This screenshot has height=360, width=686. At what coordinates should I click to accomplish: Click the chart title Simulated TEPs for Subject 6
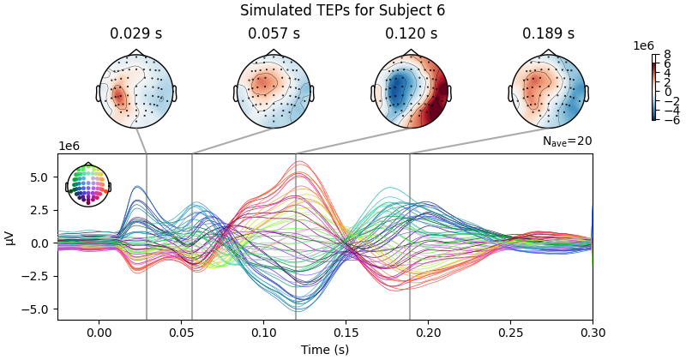(x=342, y=10)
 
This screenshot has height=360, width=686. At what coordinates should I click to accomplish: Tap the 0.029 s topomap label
(x=136, y=33)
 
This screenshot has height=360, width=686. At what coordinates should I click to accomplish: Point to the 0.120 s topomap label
(x=411, y=33)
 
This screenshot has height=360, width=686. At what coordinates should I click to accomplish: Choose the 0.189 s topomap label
(x=548, y=33)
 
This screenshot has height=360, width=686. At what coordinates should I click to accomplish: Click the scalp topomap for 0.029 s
(x=136, y=90)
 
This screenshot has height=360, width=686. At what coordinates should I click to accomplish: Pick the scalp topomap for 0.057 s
(x=274, y=90)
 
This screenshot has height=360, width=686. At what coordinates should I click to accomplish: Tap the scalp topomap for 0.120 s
(x=411, y=90)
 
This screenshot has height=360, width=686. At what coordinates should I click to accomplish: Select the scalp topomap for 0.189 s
(x=548, y=90)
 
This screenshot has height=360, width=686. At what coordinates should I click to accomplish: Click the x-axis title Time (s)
(x=325, y=350)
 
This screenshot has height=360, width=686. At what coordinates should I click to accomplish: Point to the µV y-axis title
(x=10, y=237)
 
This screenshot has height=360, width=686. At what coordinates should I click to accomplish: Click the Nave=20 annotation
(x=567, y=141)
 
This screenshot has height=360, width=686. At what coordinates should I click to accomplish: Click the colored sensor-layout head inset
(x=88, y=185)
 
